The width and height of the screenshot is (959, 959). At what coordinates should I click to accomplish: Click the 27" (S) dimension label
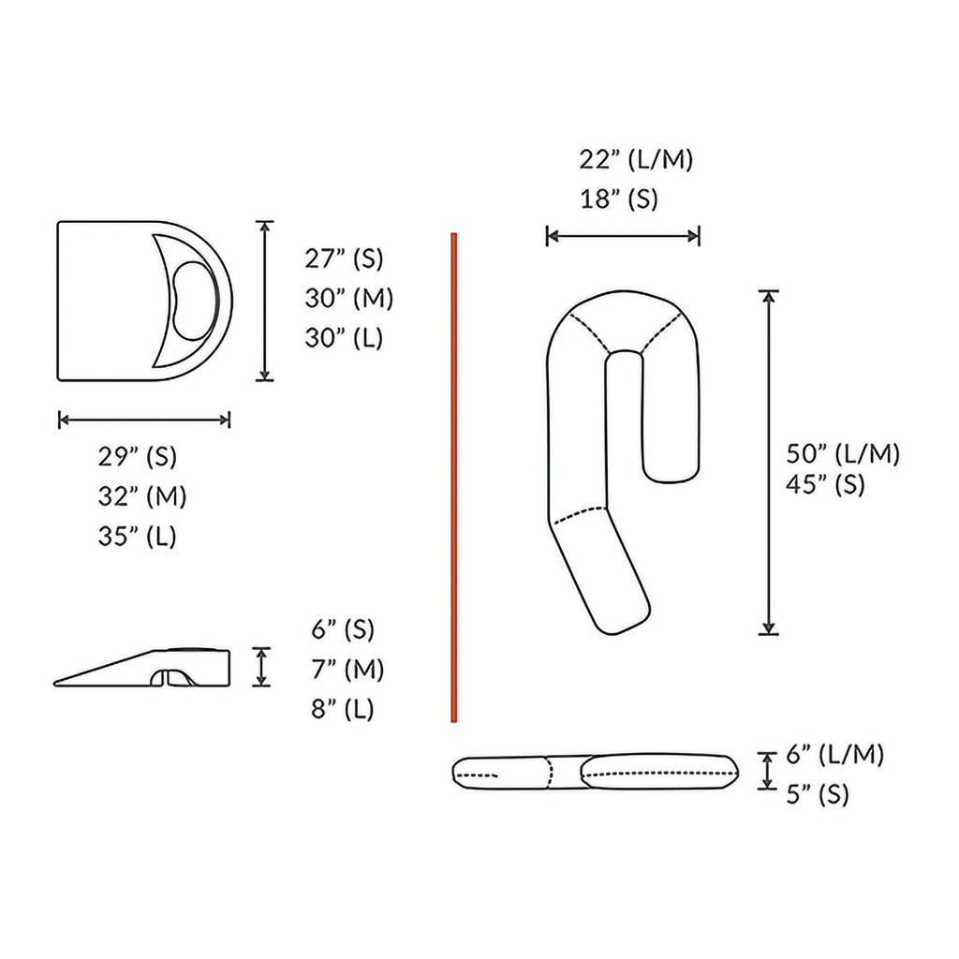[x=344, y=258]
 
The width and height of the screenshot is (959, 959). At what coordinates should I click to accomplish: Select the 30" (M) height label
[x=348, y=299]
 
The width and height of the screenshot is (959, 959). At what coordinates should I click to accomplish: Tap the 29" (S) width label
[x=137, y=457]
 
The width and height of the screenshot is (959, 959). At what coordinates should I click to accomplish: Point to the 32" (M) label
[x=142, y=496]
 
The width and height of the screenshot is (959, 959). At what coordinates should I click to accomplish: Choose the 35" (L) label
[x=137, y=537]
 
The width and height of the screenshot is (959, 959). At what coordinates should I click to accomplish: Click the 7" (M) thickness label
[x=347, y=670]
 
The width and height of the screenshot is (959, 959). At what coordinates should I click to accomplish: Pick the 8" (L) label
[x=343, y=710]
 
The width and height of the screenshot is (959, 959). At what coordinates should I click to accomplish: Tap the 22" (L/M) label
[x=636, y=159]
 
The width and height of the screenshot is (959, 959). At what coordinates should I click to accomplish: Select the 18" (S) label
[x=619, y=199]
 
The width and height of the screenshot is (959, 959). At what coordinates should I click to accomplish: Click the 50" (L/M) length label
[x=843, y=454]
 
